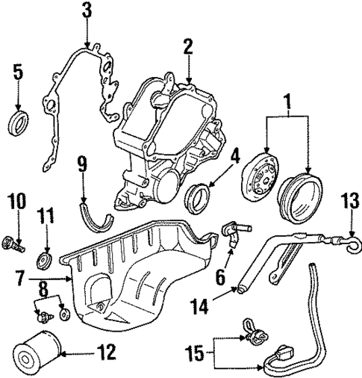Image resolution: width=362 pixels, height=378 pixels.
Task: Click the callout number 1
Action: pos(284,99)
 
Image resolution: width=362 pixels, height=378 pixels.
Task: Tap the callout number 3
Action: pos(87,10)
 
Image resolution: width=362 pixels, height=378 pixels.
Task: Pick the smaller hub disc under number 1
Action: pos(262,186)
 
